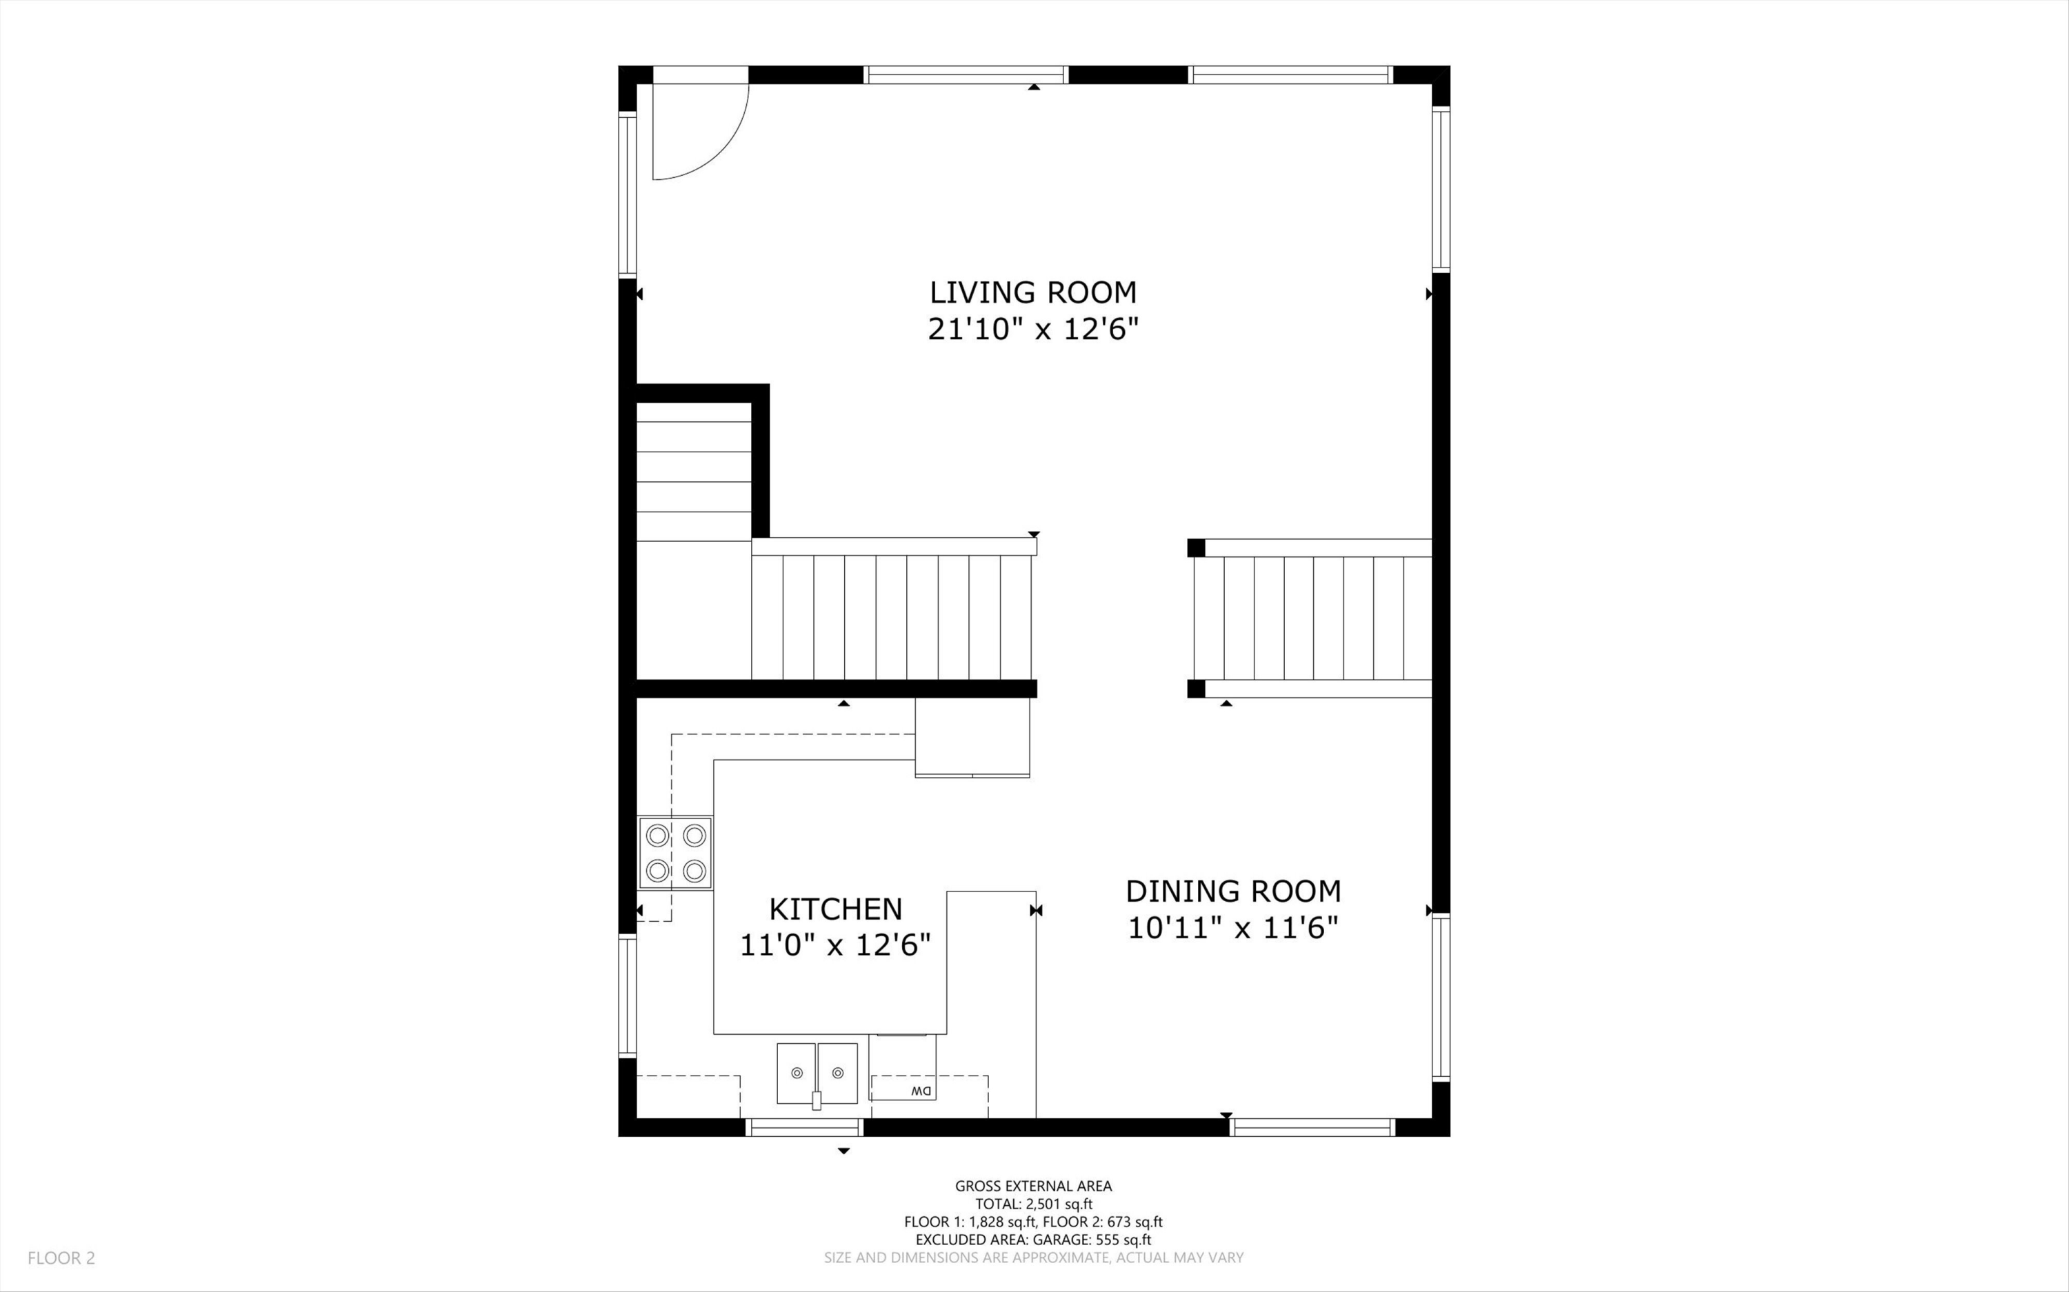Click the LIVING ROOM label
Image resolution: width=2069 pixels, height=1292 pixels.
1033,292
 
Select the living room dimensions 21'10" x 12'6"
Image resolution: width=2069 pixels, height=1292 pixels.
1033,329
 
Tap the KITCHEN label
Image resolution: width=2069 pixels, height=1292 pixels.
835,909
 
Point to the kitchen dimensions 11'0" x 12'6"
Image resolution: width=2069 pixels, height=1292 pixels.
835,945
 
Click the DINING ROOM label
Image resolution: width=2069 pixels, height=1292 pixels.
1233,891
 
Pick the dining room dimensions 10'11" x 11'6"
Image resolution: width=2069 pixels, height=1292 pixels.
1233,927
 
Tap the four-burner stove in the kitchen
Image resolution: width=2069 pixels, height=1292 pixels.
675,853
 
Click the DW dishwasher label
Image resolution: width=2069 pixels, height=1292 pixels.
921,1091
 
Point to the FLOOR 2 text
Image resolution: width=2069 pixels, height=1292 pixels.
61,1258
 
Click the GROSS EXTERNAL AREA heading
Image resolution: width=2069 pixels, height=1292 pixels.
1033,1186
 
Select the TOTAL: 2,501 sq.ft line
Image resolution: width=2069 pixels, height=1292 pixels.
1033,1204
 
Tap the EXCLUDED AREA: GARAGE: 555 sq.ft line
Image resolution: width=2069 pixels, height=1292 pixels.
1033,1240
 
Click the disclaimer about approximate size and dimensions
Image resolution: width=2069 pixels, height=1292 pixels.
1033,1258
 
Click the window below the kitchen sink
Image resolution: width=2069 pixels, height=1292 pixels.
805,1127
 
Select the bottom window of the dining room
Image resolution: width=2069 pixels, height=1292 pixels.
1312,1127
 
